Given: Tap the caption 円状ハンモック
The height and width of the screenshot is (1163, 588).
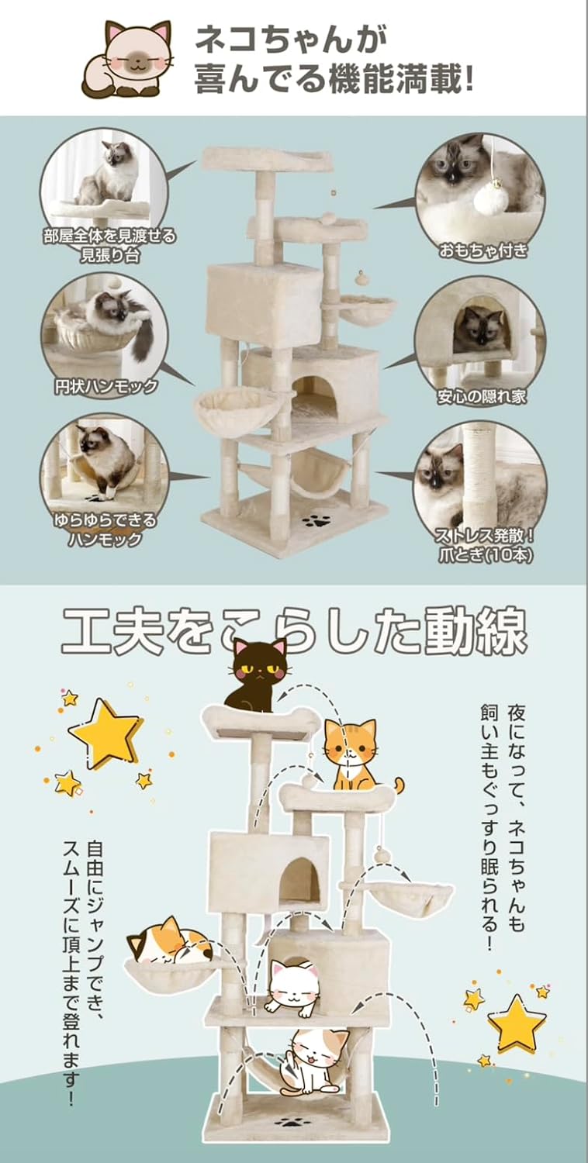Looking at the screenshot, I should pos(105,385).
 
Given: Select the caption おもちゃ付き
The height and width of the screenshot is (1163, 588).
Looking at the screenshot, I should pos(483,250).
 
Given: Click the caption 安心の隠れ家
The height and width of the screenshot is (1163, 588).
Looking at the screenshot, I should pos(482,396).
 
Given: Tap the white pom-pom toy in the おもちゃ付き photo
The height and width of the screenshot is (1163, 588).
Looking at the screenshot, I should pos(490,199).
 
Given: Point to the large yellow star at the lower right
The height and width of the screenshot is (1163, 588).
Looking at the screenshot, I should pos(515,1022).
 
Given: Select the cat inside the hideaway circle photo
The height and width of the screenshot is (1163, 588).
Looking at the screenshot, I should pos(479,328).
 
